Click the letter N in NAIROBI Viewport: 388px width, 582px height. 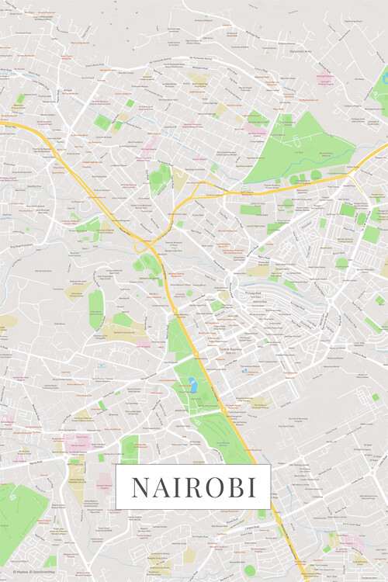pos(140,487)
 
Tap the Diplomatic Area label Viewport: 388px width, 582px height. pos(346,52)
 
